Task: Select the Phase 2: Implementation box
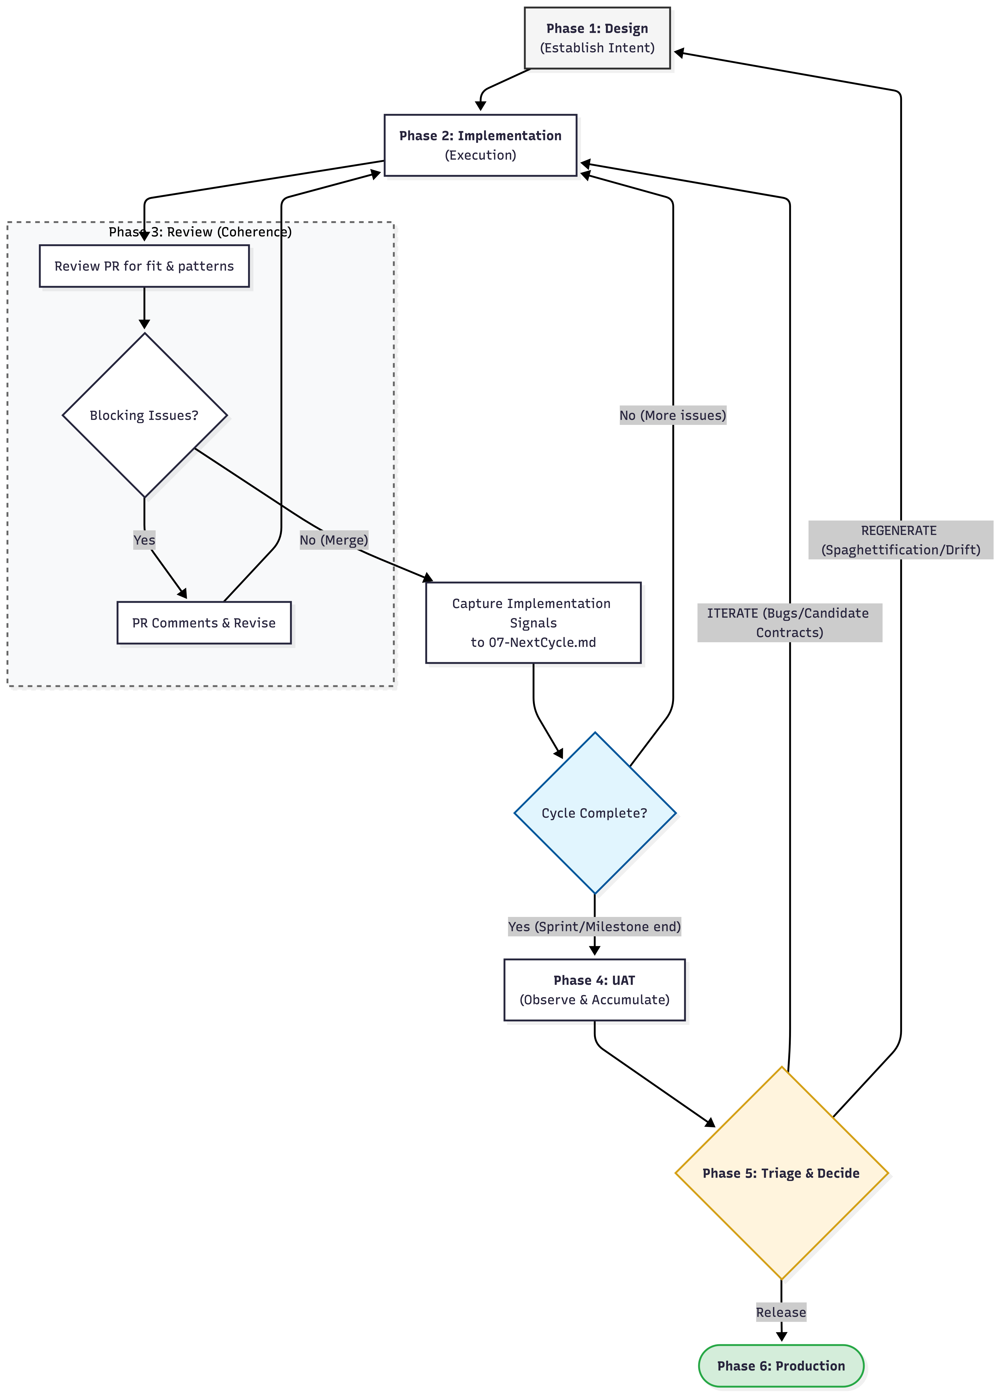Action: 480,145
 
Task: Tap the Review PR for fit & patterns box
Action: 144,266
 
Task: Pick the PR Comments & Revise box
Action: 204,623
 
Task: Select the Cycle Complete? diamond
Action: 595,813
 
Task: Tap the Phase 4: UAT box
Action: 594,990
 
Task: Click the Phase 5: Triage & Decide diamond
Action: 781,1173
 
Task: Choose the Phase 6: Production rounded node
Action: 781,1366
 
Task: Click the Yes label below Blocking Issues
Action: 144,540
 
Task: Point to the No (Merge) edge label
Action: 333,540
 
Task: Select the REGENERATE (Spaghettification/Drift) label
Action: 900,540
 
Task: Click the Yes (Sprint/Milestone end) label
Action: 594,926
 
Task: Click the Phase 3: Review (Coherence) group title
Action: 200,232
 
